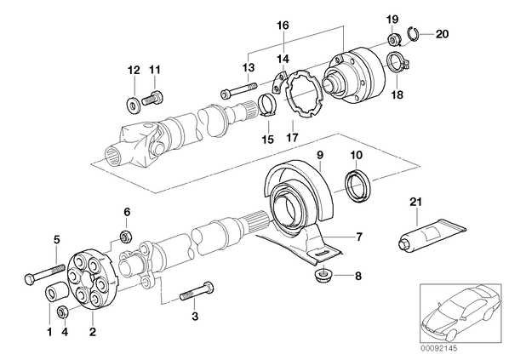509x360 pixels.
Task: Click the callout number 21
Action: click(415, 202)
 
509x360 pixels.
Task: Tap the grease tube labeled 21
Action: click(432, 234)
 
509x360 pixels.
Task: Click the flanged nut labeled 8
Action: click(323, 275)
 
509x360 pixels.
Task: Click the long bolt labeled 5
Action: click(44, 273)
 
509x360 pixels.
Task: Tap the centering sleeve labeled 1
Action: click(56, 291)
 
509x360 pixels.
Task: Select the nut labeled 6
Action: click(126, 236)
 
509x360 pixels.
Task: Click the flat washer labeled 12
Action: click(133, 104)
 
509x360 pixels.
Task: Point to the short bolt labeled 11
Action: click(152, 97)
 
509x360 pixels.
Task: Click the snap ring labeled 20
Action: click(413, 33)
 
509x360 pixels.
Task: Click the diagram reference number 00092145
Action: click(438, 348)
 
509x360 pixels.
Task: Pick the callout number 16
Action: click(283, 25)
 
